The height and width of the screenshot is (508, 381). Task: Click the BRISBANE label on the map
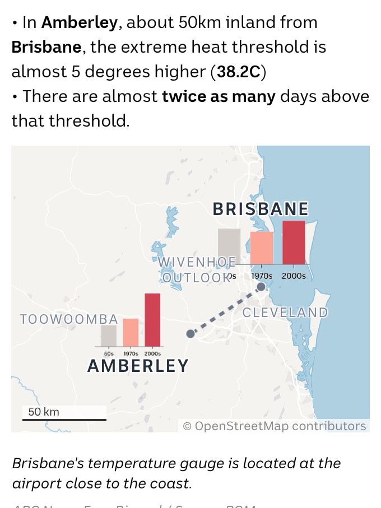tap(261, 209)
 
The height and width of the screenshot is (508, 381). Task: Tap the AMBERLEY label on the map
tap(138, 366)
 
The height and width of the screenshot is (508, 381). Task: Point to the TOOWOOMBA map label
tap(69, 319)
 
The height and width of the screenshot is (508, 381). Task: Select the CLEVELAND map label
tap(285, 313)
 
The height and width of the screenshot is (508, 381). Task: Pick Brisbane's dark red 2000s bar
tap(294, 242)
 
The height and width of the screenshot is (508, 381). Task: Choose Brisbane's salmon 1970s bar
tap(262, 248)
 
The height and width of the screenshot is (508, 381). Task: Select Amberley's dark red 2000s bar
tap(152, 319)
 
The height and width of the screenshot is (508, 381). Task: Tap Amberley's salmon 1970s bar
tap(131, 332)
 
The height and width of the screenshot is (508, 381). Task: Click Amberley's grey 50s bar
tap(109, 335)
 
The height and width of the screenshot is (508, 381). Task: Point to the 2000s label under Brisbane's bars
tap(294, 276)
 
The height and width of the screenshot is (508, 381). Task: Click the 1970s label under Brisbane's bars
tap(262, 276)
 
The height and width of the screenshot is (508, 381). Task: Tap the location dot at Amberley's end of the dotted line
tap(190, 333)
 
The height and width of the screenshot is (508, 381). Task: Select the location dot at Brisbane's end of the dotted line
tap(261, 287)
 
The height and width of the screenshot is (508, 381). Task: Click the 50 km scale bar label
tap(44, 412)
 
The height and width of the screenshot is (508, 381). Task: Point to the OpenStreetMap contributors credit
tap(275, 426)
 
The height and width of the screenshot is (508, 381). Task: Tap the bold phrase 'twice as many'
tap(219, 96)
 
